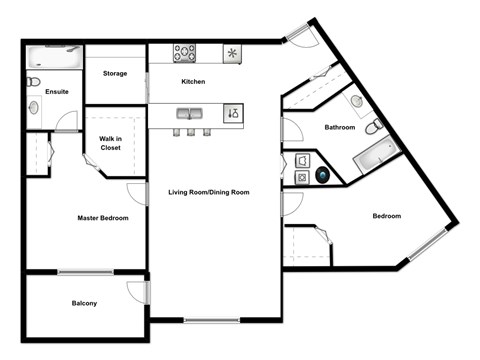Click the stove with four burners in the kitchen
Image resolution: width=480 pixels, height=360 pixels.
(x=185, y=53)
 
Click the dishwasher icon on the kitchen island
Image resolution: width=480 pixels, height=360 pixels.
(x=232, y=114)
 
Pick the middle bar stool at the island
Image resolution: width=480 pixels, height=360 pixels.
(x=191, y=131)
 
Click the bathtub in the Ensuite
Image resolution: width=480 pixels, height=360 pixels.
(x=51, y=55)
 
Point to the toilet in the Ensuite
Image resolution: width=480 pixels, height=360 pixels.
(x=33, y=81)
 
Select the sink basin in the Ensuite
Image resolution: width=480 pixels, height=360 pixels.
(x=33, y=106)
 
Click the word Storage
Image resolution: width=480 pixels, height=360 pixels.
(x=115, y=73)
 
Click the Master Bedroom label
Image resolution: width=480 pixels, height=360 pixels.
(x=103, y=217)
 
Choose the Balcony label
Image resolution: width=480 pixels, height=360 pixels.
(x=84, y=303)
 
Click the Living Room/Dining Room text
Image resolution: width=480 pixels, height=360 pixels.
(x=208, y=191)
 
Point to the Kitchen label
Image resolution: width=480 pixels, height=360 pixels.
(x=193, y=81)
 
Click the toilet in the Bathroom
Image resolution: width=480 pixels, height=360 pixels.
(x=373, y=127)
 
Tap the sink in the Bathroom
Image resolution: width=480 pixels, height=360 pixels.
(x=356, y=101)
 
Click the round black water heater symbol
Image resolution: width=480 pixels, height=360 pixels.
(x=324, y=175)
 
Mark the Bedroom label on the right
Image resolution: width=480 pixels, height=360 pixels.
(x=387, y=216)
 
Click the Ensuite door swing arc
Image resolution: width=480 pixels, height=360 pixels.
(x=66, y=122)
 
